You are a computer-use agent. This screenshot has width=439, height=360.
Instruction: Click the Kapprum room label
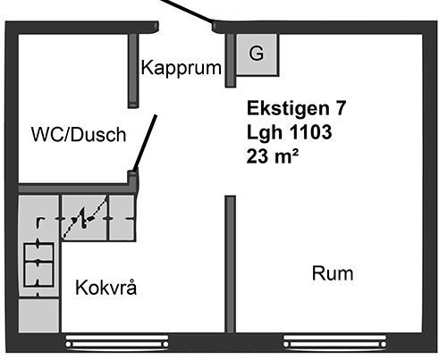click(182, 69)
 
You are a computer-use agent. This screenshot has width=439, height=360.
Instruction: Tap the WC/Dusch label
click(79, 134)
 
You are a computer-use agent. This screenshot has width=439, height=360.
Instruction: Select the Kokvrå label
click(106, 288)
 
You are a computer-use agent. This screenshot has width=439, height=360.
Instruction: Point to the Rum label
click(333, 273)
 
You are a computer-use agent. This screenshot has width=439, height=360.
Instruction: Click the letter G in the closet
click(256, 54)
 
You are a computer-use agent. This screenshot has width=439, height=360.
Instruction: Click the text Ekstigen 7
click(296, 108)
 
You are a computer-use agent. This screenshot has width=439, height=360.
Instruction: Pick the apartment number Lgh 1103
click(289, 132)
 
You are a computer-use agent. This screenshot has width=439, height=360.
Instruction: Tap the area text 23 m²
click(273, 155)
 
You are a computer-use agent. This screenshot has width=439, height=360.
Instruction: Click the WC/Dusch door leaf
click(145, 144)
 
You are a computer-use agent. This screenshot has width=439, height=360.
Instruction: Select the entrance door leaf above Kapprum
click(188, 12)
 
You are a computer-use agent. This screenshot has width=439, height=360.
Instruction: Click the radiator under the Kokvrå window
click(117, 341)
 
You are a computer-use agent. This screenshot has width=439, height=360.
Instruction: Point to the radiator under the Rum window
click(335, 341)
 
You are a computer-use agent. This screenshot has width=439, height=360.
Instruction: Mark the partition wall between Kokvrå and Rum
click(230, 264)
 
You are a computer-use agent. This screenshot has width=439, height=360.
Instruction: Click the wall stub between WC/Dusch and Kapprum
click(133, 71)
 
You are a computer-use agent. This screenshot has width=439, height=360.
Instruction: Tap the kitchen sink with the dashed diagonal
click(84, 217)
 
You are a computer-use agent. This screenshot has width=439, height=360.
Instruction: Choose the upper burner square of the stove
click(38, 252)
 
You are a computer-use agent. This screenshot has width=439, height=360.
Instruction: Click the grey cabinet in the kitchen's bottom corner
click(38, 315)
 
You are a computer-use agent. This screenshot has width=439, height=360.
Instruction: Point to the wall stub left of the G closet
click(230, 61)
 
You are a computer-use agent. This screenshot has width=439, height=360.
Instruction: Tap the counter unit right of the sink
click(122, 218)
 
